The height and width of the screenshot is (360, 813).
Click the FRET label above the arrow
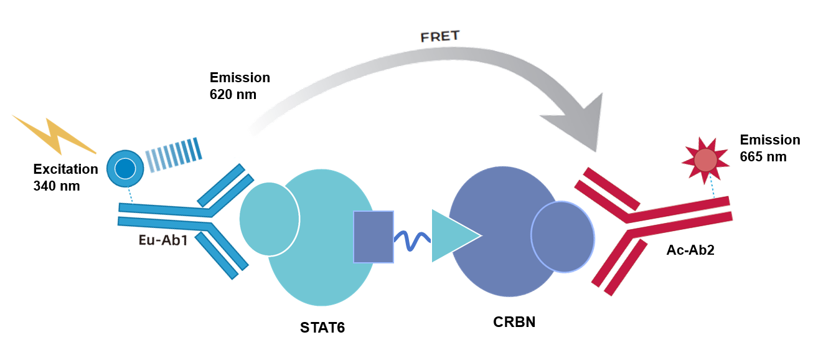[x=439, y=36]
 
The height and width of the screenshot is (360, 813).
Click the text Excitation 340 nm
[x=65, y=177]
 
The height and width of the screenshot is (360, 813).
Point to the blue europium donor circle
[x=125, y=168]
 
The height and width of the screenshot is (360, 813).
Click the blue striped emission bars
[x=174, y=155]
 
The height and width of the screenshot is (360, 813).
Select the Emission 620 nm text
[x=240, y=86]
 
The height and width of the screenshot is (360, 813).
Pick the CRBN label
[x=514, y=322]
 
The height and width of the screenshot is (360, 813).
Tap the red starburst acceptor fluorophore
[x=705, y=160]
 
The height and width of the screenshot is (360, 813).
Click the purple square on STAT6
[x=374, y=237]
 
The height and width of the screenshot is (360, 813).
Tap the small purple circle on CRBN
[x=562, y=237]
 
